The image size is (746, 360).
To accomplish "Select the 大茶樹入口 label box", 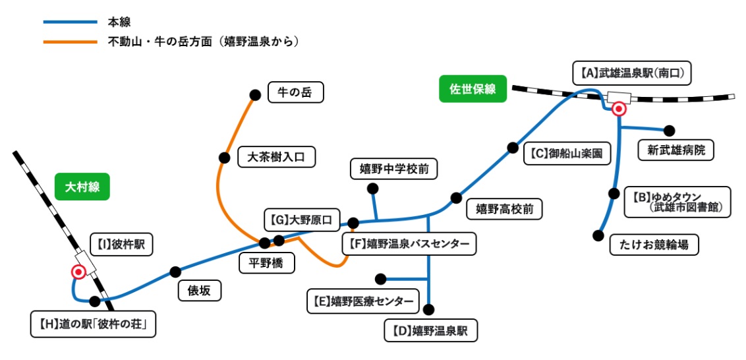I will pos(277,157).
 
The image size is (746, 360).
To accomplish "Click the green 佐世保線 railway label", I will pos(473,89).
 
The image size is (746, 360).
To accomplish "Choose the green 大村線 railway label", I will pos(82,187).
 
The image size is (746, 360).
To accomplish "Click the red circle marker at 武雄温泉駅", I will pos(618,109).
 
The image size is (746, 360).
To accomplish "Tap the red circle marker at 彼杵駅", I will pos(78,272).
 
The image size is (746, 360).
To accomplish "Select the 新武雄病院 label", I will pos(676,150).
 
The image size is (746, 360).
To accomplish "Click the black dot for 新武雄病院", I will pos(670,130).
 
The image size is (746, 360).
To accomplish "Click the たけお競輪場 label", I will pos(654,245).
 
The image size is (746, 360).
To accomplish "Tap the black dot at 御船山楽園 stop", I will pos(512,148).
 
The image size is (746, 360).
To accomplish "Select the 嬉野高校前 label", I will pos(504,210).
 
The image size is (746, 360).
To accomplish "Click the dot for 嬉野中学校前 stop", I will pos(372,189).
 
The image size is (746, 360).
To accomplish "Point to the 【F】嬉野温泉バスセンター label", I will pos(409,245).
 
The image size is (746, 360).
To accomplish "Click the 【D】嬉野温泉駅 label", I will pos(431,330).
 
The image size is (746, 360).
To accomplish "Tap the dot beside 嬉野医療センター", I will pos(380,278).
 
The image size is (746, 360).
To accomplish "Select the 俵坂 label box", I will pos(199,290).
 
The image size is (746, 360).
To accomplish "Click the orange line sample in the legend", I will pos(70,42).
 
